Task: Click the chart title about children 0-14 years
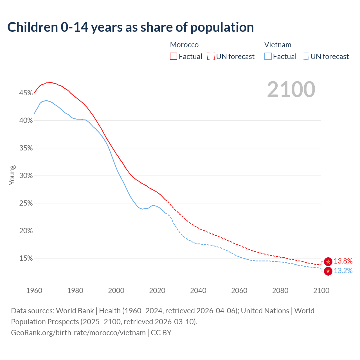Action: click(x=130, y=27)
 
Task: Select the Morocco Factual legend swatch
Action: click(x=174, y=57)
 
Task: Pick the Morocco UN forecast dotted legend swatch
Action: click(x=211, y=57)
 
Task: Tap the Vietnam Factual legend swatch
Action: click(x=268, y=57)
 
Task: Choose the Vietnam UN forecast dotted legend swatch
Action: click(x=305, y=57)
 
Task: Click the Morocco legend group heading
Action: click(x=184, y=45)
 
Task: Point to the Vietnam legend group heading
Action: click(x=278, y=45)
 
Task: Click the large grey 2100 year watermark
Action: click(x=291, y=89)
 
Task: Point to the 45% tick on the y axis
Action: click(x=26, y=93)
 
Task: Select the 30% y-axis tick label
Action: click(x=26, y=176)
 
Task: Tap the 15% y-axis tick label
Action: click(x=26, y=258)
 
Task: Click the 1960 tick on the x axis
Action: click(x=34, y=291)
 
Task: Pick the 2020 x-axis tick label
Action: click(x=157, y=291)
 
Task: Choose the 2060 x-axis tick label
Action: click(x=239, y=291)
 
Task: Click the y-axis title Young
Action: click(x=12, y=175)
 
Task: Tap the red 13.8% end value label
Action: click(x=343, y=261)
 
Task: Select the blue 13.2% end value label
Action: click(x=343, y=271)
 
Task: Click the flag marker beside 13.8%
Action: click(x=328, y=262)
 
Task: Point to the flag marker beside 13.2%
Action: click(x=328, y=271)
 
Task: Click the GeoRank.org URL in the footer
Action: click(x=78, y=333)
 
